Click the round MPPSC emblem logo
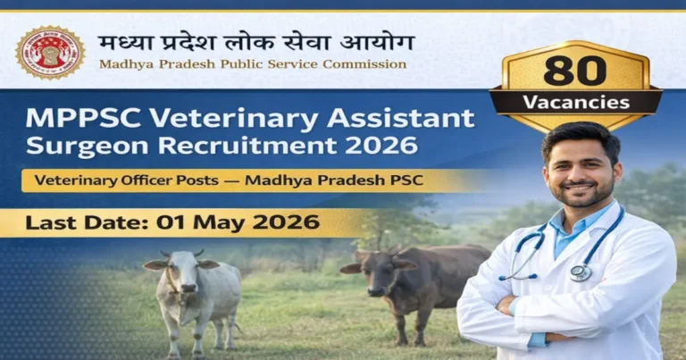(x=50, y=52)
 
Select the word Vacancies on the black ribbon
(x=576, y=102)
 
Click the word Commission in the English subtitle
(x=364, y=64)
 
